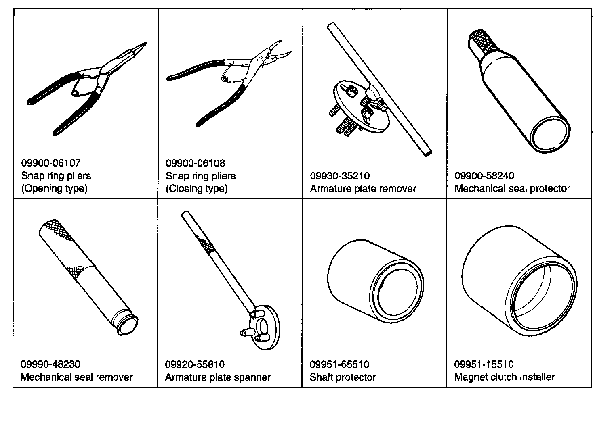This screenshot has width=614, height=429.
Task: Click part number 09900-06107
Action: (x=51, y=163)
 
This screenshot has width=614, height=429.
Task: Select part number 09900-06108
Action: (x=195, y=163)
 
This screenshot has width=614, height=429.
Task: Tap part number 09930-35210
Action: (x=340, y=176)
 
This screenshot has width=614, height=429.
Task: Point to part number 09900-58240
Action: (x=484, y=176)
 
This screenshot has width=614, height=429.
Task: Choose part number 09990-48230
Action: (x=50, y=364)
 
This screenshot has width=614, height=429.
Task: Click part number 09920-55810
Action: (x=195, y=364)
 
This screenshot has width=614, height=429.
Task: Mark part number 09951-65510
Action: (x=339, y=364)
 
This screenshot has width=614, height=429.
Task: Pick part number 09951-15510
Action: (x=484, y=364)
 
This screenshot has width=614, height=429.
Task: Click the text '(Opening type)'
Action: (x=54, y=189)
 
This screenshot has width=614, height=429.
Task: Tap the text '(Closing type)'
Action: (x=197, y=189)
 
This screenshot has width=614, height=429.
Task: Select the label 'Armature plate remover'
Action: (x=363, y=189)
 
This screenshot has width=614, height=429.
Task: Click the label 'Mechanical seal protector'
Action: (x=512, y=189)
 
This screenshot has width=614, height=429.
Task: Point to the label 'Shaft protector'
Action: (x=343, y=377)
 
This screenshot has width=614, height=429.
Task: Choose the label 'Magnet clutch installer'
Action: (x=505, y=377)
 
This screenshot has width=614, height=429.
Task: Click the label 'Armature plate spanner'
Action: (x=218, y=377)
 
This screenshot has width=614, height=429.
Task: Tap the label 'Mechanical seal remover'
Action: (x=77, y=377)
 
